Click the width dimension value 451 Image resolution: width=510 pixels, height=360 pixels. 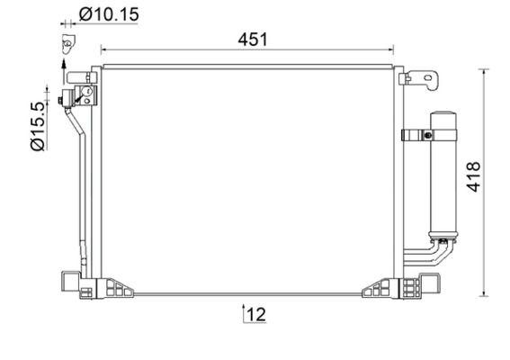pyautogui.click(x=252, y=39)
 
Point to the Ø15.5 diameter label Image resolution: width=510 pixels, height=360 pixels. pyautogui.click(x=38, y=126)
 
